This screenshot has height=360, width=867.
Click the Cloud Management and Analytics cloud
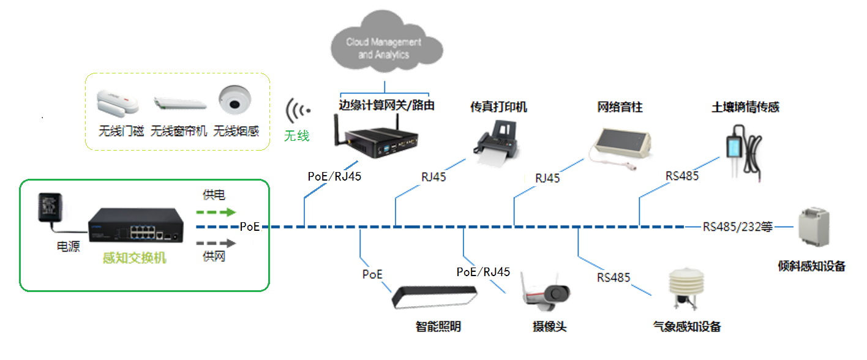pos(384,48)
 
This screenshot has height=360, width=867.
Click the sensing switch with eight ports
pos(136,226)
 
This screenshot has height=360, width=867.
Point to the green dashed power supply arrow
pos(216,212)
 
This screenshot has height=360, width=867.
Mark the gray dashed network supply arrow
pos(216,242)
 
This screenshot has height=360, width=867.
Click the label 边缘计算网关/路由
pos(386,105)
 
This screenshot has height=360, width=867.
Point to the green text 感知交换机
pos(134,258)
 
